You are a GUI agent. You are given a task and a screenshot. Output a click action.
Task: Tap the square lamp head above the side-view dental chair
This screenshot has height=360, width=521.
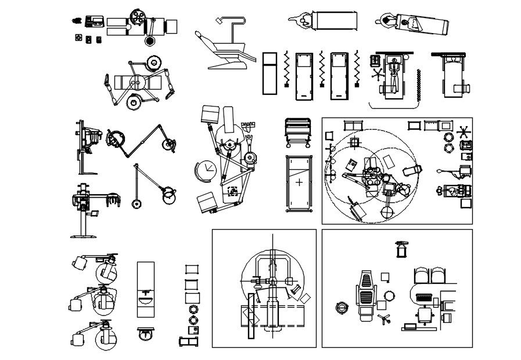[x=219, y=20]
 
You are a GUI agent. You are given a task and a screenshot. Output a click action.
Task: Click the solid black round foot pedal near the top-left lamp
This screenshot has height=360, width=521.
[x=149, y=41]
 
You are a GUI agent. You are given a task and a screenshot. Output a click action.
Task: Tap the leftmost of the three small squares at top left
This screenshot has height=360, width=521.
[x=78, y=38]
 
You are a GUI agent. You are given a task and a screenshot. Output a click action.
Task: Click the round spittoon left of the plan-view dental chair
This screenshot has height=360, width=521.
[x=341, y=306]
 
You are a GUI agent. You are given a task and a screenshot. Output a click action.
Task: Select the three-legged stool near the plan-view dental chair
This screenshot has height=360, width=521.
[x=383, y=319]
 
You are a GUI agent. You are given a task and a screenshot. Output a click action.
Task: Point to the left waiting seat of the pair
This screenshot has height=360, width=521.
[x=421, y=274]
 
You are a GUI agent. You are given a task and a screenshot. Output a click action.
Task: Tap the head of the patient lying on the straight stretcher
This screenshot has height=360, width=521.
[x=303, y=22]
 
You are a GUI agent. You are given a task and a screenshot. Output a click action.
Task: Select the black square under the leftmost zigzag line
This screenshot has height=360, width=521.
[x=286, y=85]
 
